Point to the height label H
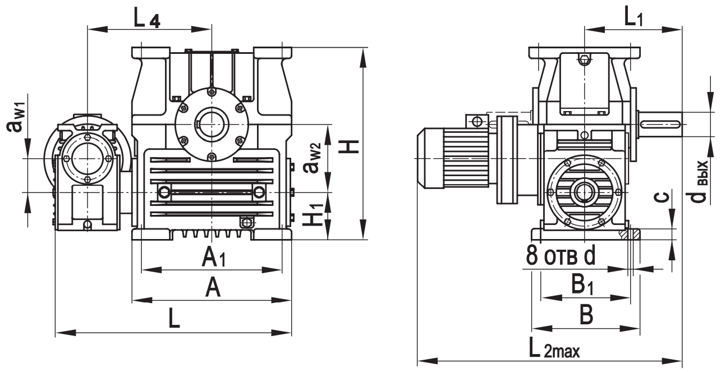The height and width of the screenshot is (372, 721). tap(351, 147)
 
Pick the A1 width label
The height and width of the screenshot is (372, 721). tap(213, 258)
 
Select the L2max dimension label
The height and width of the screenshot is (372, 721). tap(553, 351)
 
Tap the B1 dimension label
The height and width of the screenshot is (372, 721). tap(583, 286)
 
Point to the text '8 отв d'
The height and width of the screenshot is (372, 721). tap(561, 256)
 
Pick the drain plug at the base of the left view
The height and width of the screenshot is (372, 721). tap(245, 223)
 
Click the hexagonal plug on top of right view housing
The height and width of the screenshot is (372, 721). tap(585, 59)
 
